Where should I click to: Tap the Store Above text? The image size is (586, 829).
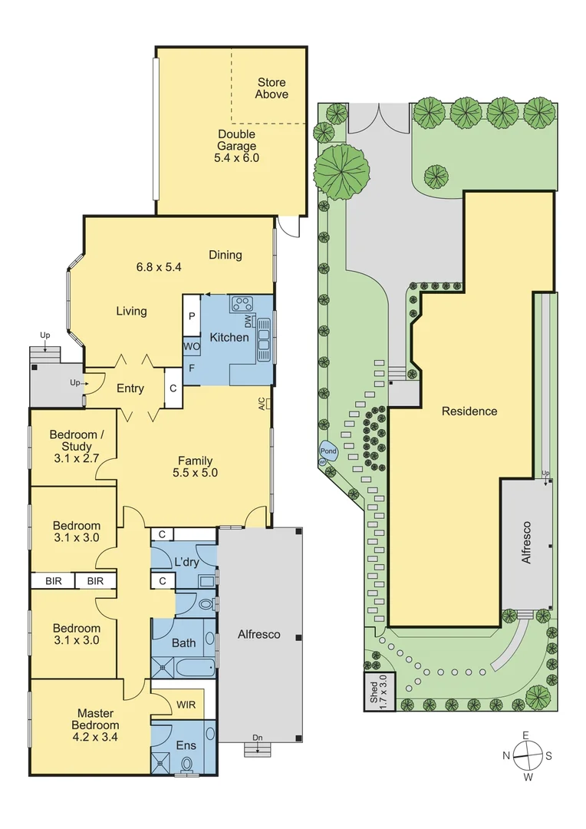pyautogui.click(x=272, y=88)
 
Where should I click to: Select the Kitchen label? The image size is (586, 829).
pyautogui.click(x=229, y=337)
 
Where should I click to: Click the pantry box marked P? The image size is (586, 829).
pyautogui.click(x=192, y=315)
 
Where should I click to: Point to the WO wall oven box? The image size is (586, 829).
pyautogui.click(x=192, y=346)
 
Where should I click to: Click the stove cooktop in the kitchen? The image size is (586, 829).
pyautogui.click(x=243, y=303)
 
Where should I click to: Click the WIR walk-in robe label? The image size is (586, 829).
pyautogui.click(x=186, y=704)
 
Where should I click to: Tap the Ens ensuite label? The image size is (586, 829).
pyautogui.click(x=186, y=745)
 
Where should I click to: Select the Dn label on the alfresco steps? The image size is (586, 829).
pyautogui.click(x=258, y=738)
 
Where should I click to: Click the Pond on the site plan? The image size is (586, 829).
pyautogui.click(x=328, y=452)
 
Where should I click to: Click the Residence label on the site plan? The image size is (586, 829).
pyautogui.click(x=469, y=411)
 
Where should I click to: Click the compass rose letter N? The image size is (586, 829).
pyautogui.click(x=506, y=755)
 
